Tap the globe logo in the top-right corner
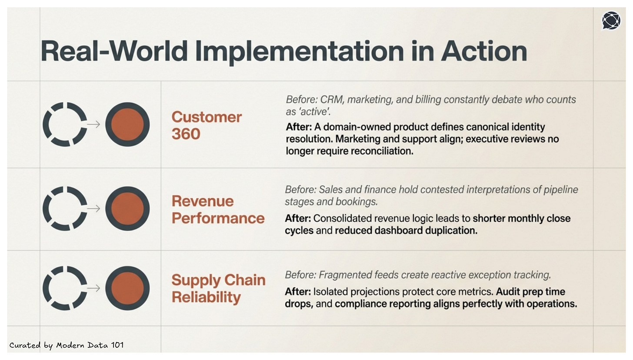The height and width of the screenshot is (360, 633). tap(611, 20)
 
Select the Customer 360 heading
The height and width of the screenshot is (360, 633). tap(207, 125)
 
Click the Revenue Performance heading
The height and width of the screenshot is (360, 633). tap(218, 209)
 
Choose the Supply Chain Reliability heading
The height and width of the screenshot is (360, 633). tap(218, 288)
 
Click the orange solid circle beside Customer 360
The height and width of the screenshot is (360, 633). tap(127, 124)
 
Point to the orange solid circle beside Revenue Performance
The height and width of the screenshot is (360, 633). tap(127, 209)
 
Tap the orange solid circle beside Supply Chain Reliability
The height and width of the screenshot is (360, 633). tap(127, 288)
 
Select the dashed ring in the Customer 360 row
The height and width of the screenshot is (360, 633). tap(65, 124)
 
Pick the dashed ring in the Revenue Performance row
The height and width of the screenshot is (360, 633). tap(65, 209)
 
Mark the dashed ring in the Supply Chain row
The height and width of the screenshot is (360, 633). tap(65, 288)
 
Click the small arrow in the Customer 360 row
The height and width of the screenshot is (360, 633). tap(93, 124)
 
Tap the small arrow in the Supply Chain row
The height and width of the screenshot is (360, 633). tap(93, 288)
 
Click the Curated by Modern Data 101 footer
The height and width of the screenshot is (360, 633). tap(67, 345)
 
